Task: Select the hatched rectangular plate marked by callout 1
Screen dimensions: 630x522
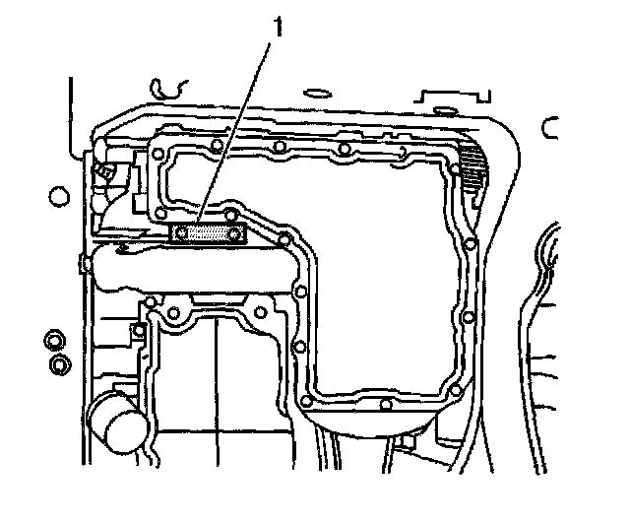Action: pyautogui.click(x=209, y=234)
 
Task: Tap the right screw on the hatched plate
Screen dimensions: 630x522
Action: pyautogui.click(x=236, y=234)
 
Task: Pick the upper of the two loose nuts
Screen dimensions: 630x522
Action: pyautogui.click(x=52, y=342)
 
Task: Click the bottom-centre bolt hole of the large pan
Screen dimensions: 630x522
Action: pyautogui.click(x=385, y=403)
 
